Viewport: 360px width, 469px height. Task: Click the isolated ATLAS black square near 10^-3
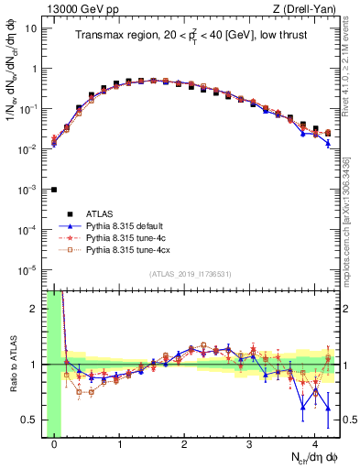(x=54, y=190)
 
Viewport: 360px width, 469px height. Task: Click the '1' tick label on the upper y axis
(x=35, y=69)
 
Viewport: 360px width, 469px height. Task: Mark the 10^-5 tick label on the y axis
(x=29, y=270)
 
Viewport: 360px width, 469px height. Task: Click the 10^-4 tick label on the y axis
(x=29, y=230)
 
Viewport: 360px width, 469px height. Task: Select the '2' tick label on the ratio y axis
(x=35, y=309)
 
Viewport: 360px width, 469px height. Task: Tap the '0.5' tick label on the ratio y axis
(x=31, y=420)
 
